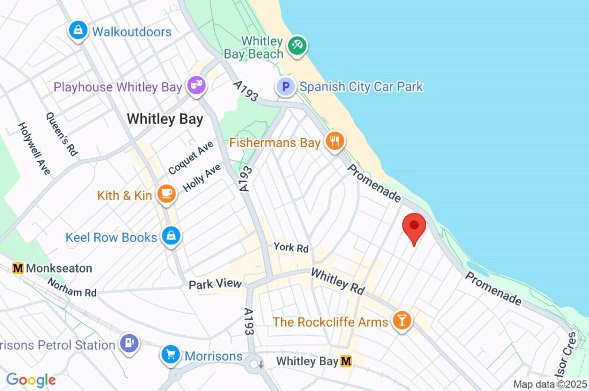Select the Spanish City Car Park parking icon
[286, 87]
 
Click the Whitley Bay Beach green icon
[297, 46]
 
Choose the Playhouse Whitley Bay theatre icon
[196, 87]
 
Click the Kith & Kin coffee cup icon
[166, 195]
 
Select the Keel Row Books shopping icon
[171, 236]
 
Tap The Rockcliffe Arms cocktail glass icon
[401, 321]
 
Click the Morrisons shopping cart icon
[170, 355]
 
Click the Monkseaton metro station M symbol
[18, 268]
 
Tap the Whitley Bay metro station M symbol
[346, 361]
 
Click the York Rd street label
[291, 248]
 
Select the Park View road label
[215, 284]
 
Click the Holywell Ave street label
[34, 148]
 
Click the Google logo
[31, 379]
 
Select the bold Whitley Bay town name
[165, 119]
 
